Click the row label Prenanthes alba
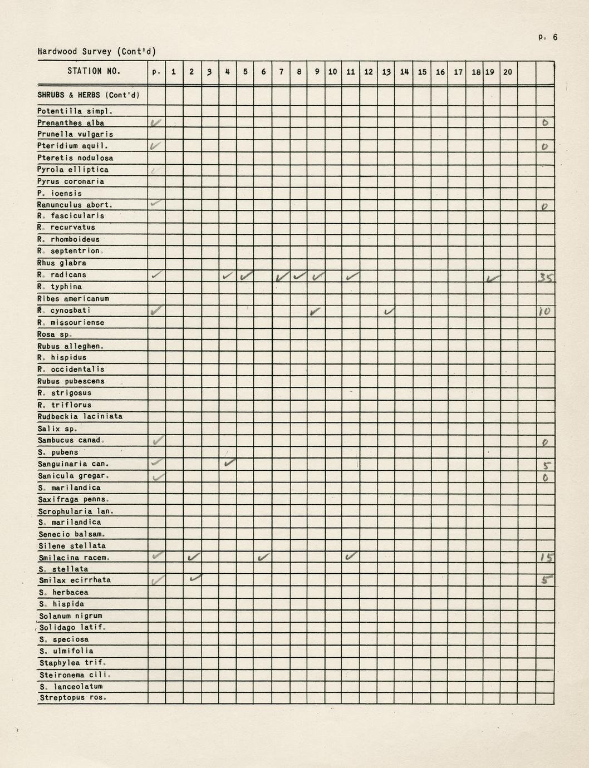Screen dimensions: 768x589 click(71, 123)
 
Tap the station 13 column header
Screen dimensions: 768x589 click(386, 72)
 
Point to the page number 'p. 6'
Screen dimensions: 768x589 click(548, 37)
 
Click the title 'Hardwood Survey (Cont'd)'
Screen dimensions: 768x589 click(97, 52)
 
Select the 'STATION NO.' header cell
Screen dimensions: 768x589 click(94, 71)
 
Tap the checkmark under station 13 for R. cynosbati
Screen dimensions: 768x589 click(389, 311)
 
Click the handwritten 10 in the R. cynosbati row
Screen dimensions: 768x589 click(544, 312)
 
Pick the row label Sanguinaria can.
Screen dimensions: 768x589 click(73, 464)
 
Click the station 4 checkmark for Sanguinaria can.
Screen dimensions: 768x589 click(228, 462)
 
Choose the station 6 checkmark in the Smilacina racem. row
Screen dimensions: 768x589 click(264, 557)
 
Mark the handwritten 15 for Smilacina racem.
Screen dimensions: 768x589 click(545, 558)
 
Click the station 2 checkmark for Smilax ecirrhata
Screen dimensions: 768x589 click(194, 579)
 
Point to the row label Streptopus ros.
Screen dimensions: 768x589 click(73, 697)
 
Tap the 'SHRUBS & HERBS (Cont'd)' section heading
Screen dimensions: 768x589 click(89, 95)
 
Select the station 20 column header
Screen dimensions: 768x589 click(508, 72)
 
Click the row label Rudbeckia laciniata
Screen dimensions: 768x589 click(80, 416)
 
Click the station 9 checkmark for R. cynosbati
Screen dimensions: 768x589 click(316, 311)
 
